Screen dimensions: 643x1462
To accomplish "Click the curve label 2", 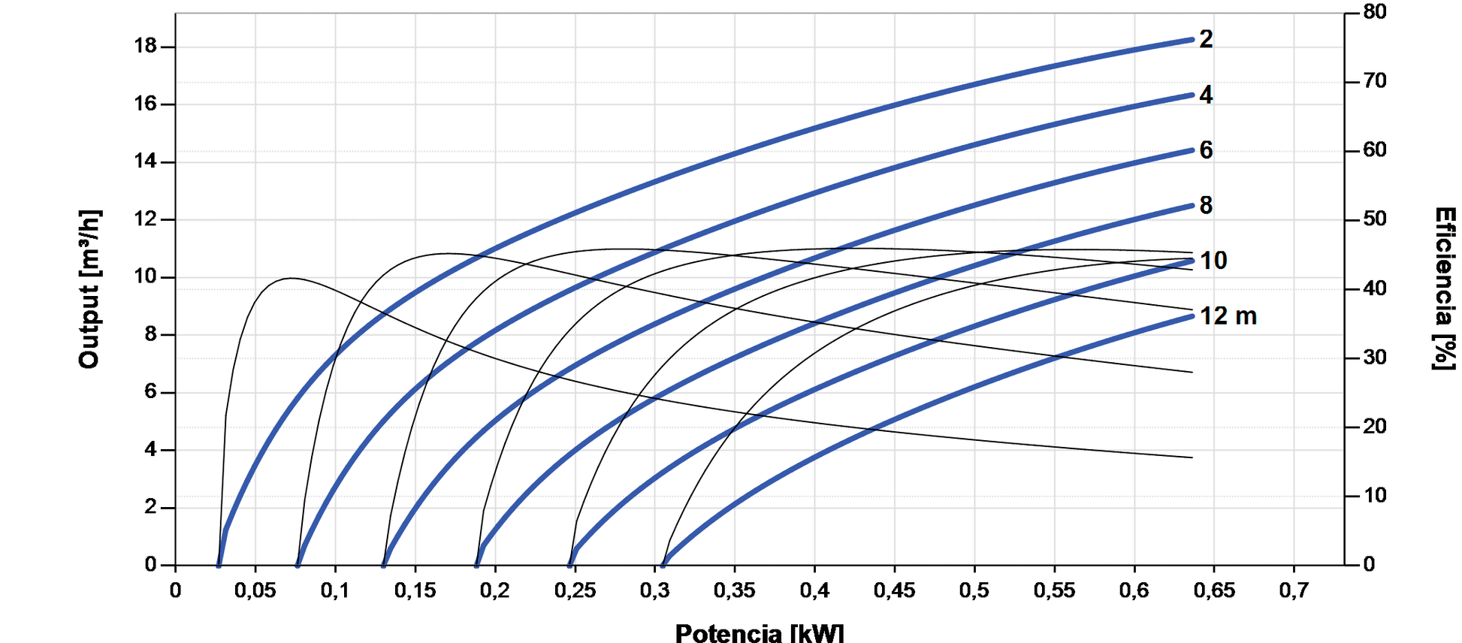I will pyautogui.click(x=1206, y=39).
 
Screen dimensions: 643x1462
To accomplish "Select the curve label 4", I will pyautogui.click(x=1206, y=95).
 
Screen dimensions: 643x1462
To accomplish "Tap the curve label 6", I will pyautogui.click(x=1206, y=150).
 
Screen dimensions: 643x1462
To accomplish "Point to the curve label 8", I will pyautogui.click(x=1206, y=205).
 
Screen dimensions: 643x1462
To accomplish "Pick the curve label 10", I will pyautogui.click(x=1213, y=261).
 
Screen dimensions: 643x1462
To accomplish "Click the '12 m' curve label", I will pyautogui.click(x=1228, y=316).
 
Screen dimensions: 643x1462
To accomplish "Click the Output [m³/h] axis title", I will pyautogui.click(x=89, y=289).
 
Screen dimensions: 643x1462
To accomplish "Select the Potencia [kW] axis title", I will pyautogui.click(x=759, y=632).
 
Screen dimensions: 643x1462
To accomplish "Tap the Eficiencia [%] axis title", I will pyautogui.click(x=1444, y=289).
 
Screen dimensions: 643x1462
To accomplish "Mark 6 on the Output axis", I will pyautogui.click(x=150, y=392).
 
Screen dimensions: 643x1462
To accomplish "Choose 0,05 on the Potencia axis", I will pyautogui.click(x=255, y=590).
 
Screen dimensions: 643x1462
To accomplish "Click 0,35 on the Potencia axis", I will pyautogui.click(x=734, y=590).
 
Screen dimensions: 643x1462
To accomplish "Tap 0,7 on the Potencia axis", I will pyautogui.click(x=1294, y=590).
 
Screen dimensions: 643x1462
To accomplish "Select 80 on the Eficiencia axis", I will pyautogui.click(x=1375, y=12).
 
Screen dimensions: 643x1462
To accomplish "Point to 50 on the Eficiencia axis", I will pyautogui.click(x=1375, y=219).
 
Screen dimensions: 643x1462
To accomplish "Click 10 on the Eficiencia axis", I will pyautogui.click(x=1375, y=496).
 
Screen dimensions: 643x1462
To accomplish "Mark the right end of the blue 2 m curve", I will pyautogui.click(x=1192, y=39).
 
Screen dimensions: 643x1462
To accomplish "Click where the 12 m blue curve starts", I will pyautogui.click(x=663, y=564).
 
